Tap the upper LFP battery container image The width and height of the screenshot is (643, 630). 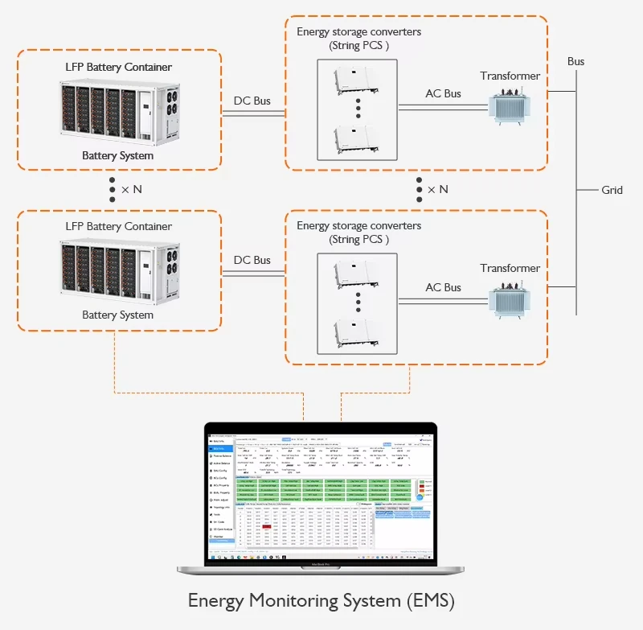click(x=118, y=111)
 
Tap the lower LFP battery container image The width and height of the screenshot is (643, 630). click(x=118, y=271)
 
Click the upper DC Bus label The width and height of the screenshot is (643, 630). click(x=252, y=101)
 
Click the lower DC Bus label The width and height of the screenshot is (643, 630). click(x=252, y=260)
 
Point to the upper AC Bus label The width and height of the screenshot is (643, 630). click(x=443, y=93)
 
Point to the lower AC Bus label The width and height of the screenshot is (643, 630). click(x=443, y=287)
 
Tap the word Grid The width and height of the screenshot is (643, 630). click(x=612, y=190)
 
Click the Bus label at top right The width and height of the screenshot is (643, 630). click(x=575, y=61)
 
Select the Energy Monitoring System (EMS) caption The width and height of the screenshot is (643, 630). click(x=321, y=601)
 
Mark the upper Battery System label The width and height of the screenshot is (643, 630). click(x=117, y=155)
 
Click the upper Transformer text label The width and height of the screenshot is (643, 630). click(x=510, y=76)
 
